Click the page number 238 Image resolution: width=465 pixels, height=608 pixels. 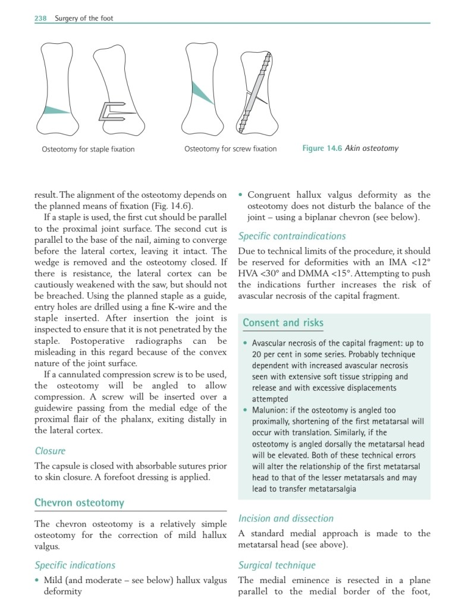40,18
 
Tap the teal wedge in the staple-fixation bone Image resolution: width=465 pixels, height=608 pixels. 56,110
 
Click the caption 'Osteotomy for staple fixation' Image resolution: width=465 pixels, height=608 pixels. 88,149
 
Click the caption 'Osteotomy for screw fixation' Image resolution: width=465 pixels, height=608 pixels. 231,148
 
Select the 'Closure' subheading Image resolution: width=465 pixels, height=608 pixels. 50,451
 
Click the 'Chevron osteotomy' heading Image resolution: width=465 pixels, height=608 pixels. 80,503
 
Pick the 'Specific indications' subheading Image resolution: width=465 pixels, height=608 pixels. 75,565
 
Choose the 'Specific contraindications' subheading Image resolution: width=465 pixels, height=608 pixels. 292,236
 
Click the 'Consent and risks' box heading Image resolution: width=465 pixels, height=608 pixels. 283,323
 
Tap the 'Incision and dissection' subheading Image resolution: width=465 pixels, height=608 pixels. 286,518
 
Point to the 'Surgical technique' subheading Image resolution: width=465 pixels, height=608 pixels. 277,565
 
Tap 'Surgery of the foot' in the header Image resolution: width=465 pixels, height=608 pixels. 84,18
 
